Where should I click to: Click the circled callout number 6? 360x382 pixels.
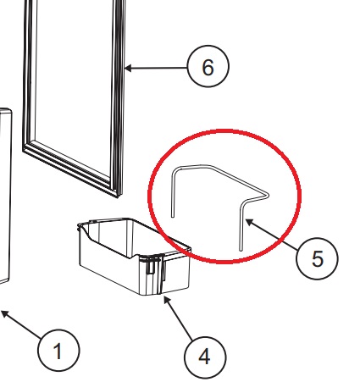click(208, 66)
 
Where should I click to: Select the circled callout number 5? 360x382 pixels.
click(317, 258)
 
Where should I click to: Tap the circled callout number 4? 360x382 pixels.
click(205, 357)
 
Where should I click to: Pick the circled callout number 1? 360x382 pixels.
click(58, 351)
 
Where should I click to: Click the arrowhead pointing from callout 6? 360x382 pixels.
click(128, 68)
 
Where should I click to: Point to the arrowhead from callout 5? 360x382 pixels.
click(249, 222)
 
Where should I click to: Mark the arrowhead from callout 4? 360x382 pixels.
click(167, 300)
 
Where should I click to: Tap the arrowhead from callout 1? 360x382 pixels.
click(5, 313)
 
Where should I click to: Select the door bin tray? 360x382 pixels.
click(135, 256)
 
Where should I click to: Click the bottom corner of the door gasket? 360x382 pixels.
click(117, 196)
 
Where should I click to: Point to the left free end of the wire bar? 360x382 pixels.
click(173, 216)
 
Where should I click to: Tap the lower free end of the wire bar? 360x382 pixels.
click(241, 249)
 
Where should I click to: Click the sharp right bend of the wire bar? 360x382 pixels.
click(268, 195)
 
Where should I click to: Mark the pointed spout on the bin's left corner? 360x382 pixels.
click(80, 226)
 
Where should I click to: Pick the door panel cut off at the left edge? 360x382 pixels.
click(6, 195)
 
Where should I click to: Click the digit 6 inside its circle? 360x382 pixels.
click(208, 68)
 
